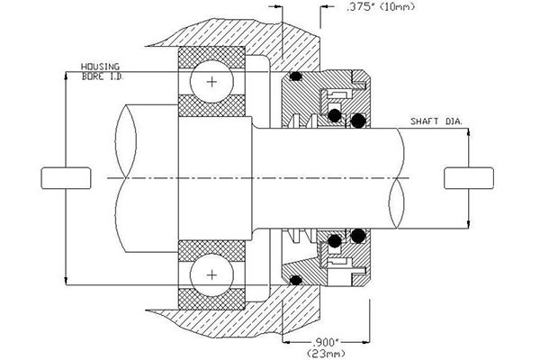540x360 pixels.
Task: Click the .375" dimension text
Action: pyautogui.click(x=362, y=11)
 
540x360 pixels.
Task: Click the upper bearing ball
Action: pyautogui.click(x=212, y=82)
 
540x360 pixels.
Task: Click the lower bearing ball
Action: pyautogui.click(x=212, y=273)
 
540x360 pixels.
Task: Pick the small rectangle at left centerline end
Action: pyautogui.click(x=65, y=177)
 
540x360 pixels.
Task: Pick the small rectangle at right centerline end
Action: pyautogui.click(x=468, y=177)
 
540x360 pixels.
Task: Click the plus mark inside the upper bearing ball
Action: pyautogui.click(x=212, y=82)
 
